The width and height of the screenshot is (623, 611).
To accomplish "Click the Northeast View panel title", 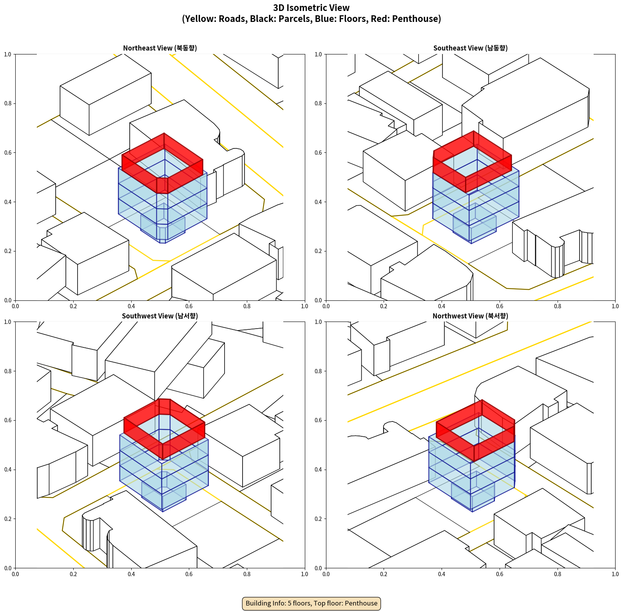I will click(x=160, y=48).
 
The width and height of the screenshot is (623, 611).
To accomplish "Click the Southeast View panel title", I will click(x=470, y=48).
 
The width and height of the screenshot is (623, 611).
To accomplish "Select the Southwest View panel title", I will click(x=160, y=316).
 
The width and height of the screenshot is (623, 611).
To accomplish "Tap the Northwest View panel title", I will click(x=470, y=316).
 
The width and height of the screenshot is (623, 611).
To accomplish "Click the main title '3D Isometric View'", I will click(x=311, y=8).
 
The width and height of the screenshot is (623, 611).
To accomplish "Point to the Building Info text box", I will click(x=311, y=603).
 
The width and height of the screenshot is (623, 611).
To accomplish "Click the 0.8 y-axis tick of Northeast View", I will click(x=8, y=103).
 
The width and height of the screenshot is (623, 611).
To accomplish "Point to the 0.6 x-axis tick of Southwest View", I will click(x=189, y=574).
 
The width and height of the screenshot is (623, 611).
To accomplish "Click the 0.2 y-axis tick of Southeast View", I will click(x=318, y=251).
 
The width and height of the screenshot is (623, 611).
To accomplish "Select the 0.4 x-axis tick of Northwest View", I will click(x=442, y=574).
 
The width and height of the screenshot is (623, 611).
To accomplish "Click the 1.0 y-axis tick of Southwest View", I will click(x=8, y=322).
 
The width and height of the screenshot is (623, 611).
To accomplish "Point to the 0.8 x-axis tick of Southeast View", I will click(x=558, y=306).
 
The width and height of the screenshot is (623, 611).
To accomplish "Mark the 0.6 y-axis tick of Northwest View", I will click(x=318, y=420).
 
